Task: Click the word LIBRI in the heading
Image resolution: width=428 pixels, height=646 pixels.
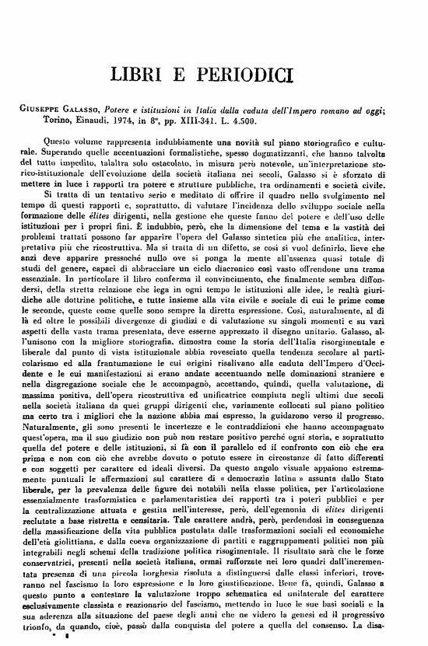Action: click(x=141, y=75)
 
